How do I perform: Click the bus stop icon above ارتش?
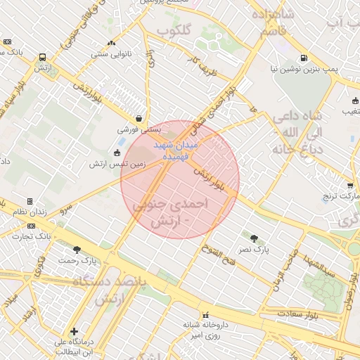tap(44, 57)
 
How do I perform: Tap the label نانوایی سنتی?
tap(108, 53)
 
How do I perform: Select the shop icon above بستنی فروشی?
tap(140, 118)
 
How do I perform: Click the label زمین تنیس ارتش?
tap(117, 163)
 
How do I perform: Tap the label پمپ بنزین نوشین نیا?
tap(303, 70)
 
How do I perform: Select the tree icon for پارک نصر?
tap(255, 238)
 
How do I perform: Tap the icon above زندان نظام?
tap(30, 201)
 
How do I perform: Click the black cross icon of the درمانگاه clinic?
tap(75, 330)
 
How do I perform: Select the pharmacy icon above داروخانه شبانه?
tap(205, 314)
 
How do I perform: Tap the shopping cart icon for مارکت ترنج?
tap(350, 186)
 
